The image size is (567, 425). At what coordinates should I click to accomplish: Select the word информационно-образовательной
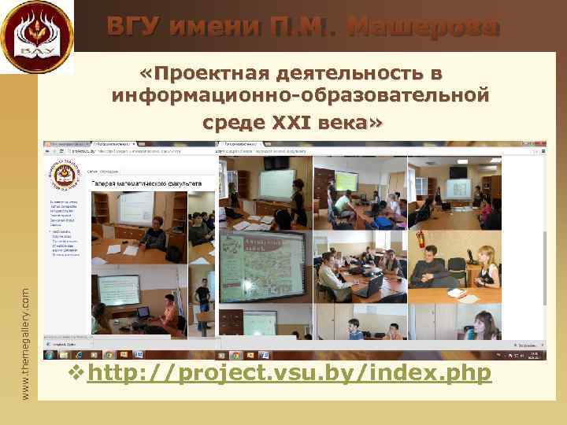click(301, 98)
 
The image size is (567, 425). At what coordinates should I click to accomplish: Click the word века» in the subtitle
click(351, 123)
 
